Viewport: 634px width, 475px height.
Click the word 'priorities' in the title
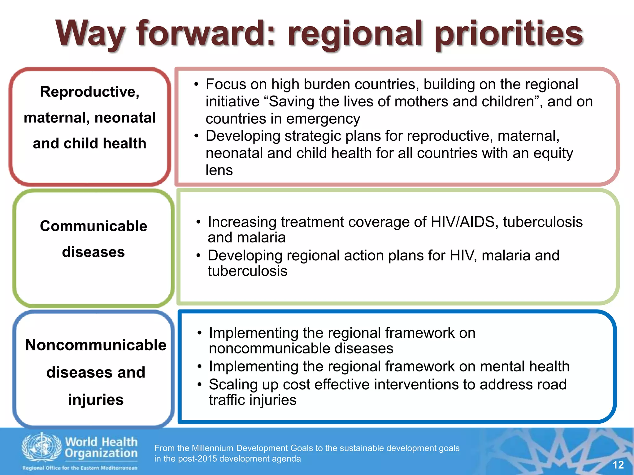coord(509,34)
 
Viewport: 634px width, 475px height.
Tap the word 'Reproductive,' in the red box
coord(90,92)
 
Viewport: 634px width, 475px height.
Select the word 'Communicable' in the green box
coord(93,226)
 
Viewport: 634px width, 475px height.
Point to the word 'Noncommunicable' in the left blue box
coord(96,345)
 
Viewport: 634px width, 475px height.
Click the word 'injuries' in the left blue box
coord(96,400)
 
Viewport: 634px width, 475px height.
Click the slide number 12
coord(618,465)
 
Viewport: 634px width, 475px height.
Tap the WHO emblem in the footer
coord(41,447)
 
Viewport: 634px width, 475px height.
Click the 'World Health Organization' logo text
coord(101,447)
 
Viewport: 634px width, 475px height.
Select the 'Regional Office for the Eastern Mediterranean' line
coord(80,468)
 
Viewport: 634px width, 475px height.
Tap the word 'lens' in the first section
coord(219,170)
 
